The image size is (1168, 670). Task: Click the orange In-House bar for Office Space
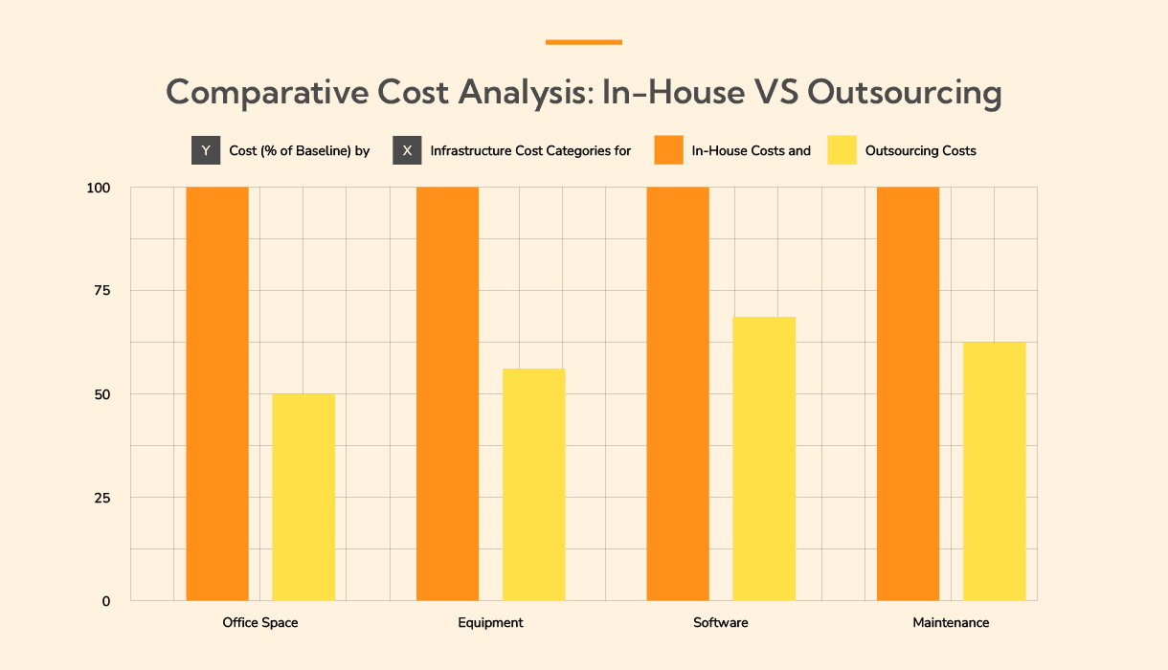coord(217,394)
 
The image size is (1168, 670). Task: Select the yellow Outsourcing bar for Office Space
coord(303,497)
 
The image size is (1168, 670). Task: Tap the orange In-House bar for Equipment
coord(447,394)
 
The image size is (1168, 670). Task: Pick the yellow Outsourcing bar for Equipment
coord(533,484)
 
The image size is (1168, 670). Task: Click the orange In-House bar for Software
coord(678,394)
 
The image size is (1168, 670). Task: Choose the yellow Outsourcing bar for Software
coord(764,458)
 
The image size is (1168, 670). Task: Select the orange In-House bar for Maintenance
coord(908,394)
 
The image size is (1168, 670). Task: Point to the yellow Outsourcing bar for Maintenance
coord(994,471)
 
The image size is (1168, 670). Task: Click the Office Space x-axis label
coord(260,623)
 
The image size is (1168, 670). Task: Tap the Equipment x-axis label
coord(490,623)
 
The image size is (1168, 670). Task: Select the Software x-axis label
coord(721,623)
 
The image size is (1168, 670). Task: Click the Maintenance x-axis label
coord(951,623)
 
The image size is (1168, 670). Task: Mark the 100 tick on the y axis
coord(99,188)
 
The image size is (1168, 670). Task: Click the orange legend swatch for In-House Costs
coord(668,150)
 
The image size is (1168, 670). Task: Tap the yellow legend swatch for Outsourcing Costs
coord(842,150)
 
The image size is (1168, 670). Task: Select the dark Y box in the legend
coord(206,150)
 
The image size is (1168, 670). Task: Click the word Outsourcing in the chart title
coord(905,93)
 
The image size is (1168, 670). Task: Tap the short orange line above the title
coord(584,42)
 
